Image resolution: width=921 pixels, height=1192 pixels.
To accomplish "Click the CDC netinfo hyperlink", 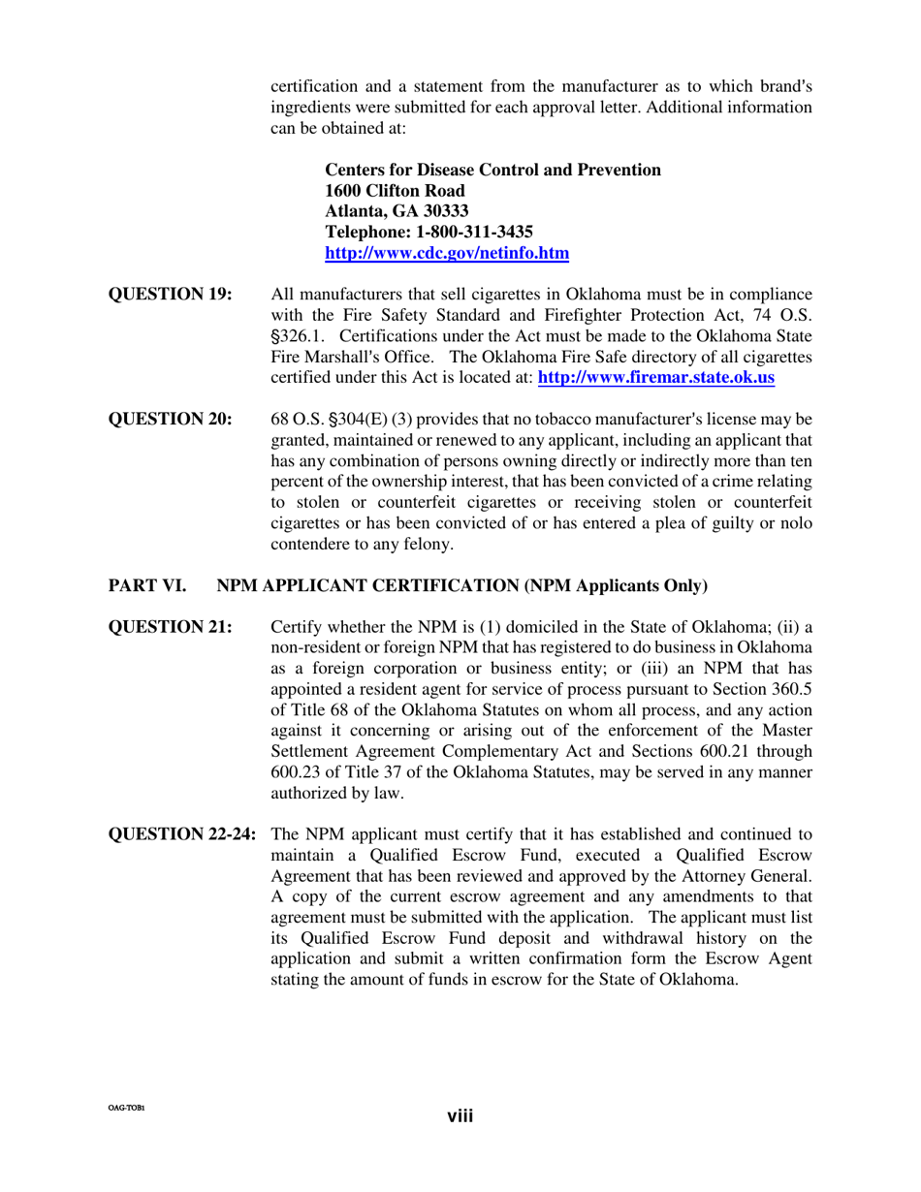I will point(446,254).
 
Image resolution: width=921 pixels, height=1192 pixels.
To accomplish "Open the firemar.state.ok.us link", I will point(655,378).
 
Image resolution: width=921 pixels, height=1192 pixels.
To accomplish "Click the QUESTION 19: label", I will point(170,294).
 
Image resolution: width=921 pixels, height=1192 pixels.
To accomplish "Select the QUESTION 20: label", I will point(170,419).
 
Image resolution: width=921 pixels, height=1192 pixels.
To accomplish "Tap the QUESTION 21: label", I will point(170,626).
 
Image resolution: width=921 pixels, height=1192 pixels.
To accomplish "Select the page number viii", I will point(460,1117).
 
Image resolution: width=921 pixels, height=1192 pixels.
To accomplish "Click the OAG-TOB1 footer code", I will point(126,1107).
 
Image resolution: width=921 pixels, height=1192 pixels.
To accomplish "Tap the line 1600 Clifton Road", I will point(394,191).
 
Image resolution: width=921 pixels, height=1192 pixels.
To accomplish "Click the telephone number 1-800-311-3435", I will point(474,233).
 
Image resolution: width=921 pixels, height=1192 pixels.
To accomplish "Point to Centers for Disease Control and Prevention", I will point(492,170).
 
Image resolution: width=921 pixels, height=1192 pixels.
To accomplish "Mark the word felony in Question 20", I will point(429,545).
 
